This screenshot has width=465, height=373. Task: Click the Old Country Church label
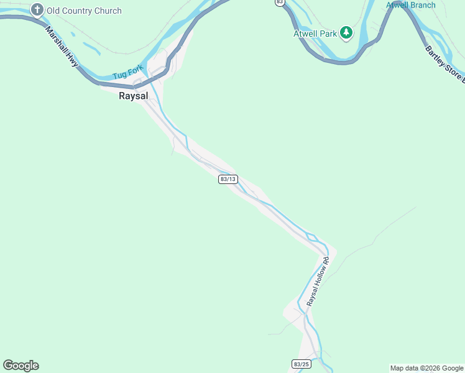(85, 11)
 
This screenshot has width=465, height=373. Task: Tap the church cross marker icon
(37, 10)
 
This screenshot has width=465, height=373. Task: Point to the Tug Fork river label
(127, 72)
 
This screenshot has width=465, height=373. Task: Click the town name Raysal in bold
(134, 96)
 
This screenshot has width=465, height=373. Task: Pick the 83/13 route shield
(228, 179)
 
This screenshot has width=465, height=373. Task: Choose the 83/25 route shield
(301, 364)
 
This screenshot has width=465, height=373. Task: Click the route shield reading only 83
(280, 2)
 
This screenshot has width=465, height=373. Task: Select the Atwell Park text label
(315, 34)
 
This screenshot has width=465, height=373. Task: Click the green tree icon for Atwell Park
(346, 33)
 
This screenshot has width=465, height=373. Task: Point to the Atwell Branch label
(411, 6)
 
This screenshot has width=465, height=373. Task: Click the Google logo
(21, 366)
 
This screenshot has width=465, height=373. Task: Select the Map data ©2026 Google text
(426, 368)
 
